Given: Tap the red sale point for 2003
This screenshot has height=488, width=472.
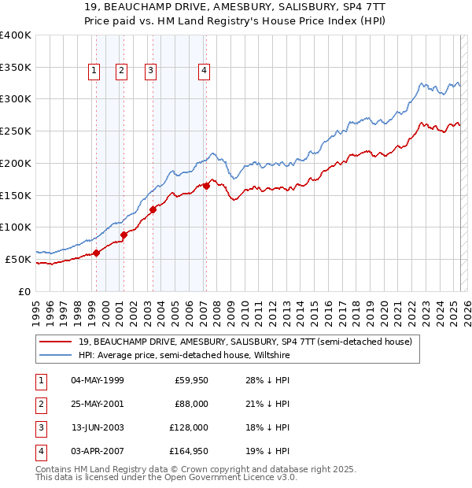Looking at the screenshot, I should point(153,209).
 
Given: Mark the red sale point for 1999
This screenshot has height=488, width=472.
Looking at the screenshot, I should point(96,253).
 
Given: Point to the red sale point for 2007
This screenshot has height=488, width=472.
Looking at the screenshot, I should point(206,186).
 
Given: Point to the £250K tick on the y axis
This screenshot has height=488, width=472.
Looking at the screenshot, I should point(16,131).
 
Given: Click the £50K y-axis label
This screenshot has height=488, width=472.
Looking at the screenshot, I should point(17,259).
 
